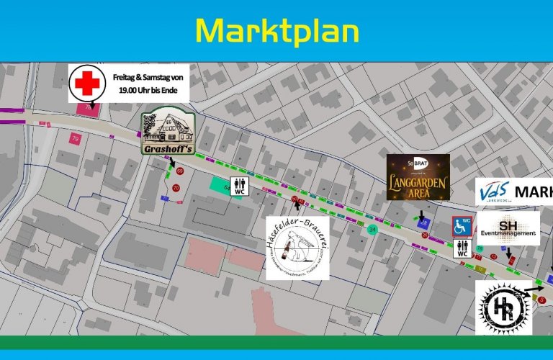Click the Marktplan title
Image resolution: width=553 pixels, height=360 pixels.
(277, 31)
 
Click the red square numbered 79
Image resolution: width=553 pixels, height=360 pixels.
(76, 138)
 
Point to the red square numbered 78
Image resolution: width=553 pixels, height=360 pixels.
(89, 108)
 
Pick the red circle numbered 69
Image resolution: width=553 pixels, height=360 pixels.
(180, 171)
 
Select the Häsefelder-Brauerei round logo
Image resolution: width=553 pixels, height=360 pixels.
(297, 248)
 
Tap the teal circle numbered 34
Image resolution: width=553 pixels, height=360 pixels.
(372, 230)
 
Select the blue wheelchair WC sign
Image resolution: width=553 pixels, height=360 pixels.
(462, 225)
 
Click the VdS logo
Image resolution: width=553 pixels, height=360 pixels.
(498, 194)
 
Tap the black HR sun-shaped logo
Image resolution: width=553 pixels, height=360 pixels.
(503, 307)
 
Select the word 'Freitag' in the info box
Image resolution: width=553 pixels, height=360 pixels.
(127, 77)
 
